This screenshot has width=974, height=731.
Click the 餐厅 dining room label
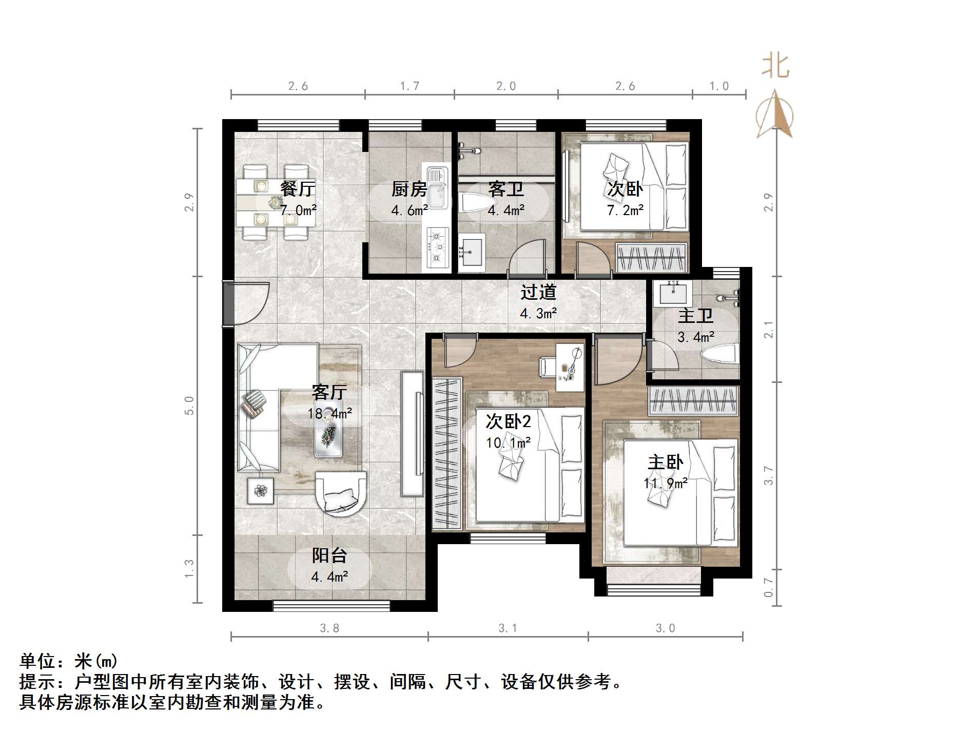pos(298,189)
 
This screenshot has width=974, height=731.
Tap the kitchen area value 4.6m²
pos(410,210)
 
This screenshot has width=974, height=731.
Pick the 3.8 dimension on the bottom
pos(329,628)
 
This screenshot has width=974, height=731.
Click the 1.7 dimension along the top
pos(410,86)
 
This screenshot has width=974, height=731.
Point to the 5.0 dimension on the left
pos(189,406)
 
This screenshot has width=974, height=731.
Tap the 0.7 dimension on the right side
pos(768,587)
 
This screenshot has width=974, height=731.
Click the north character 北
pos(775,67)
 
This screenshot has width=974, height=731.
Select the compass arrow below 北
pos(775,116)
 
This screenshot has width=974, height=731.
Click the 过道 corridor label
pos(538,293)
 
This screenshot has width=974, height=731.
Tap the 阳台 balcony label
pos(329,556)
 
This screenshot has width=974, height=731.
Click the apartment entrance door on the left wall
pos(228,303)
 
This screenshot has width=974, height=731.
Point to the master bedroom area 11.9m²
pos(666,484)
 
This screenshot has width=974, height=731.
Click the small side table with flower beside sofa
pos(261,491)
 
